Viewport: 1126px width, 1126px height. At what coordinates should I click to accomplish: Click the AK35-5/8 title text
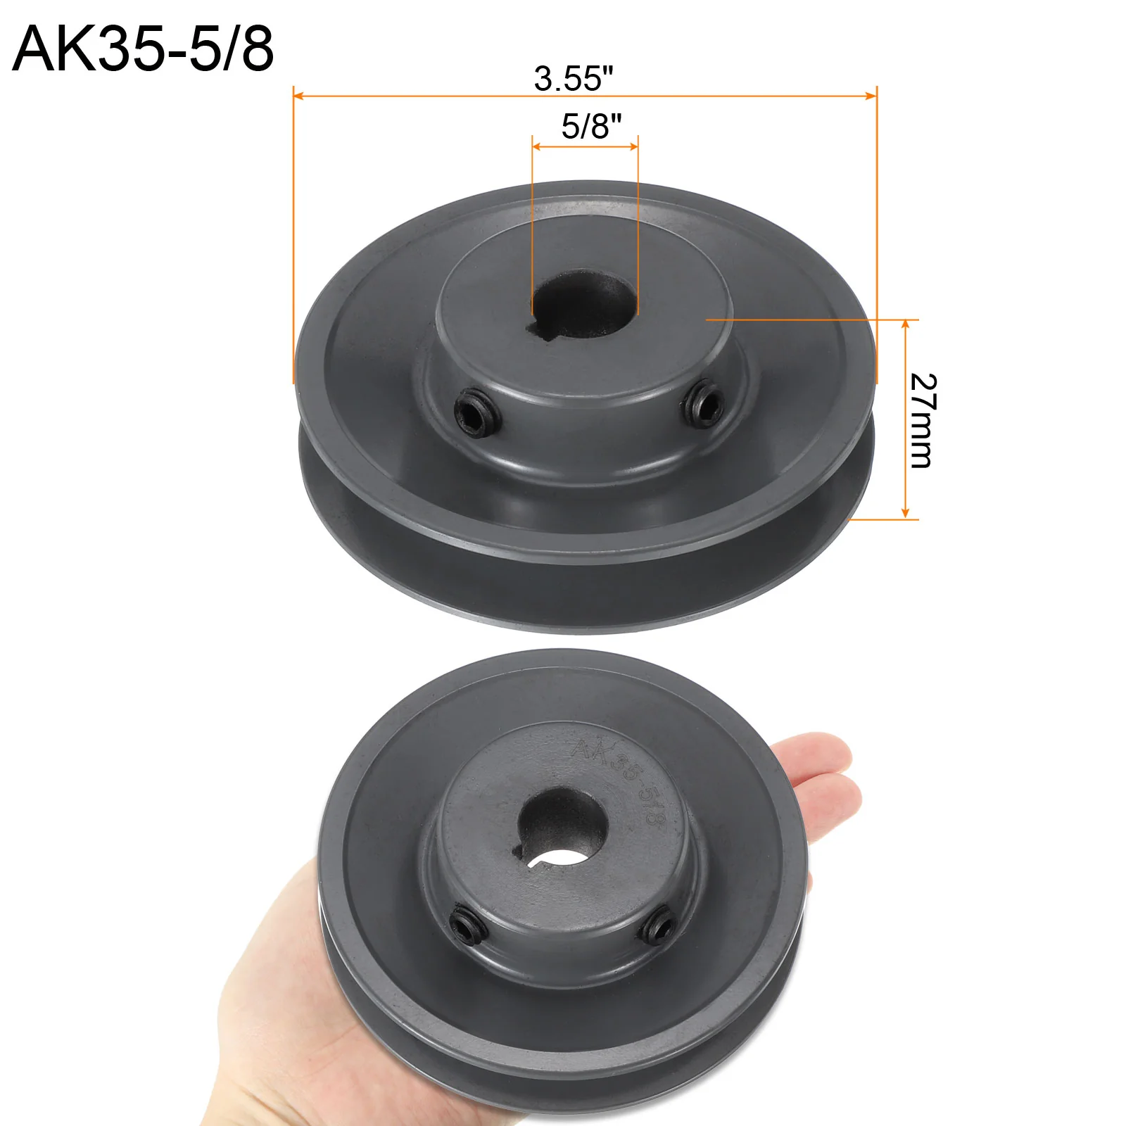[143, 49]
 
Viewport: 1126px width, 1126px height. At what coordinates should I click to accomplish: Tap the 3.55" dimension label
[574, 78]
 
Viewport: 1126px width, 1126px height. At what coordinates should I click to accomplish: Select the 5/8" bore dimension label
[592, 126]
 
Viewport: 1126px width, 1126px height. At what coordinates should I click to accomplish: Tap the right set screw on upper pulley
[704, 402]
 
